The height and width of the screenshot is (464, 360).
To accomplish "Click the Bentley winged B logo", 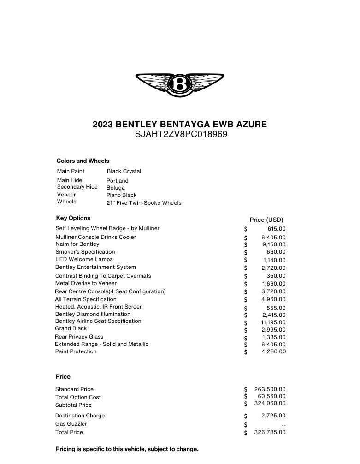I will (180, 84).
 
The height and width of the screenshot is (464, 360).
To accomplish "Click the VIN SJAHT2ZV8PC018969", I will (180, 135).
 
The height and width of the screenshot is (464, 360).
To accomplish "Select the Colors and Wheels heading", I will (83, 161).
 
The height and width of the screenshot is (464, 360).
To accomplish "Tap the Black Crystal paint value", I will (124, 171).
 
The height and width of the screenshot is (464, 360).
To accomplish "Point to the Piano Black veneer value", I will (122, 195).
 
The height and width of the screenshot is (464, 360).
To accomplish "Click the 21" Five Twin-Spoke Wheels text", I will (144, 203).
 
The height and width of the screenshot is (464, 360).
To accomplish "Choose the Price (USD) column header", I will (266, 220).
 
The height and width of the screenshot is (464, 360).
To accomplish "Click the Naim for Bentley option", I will (77, 244).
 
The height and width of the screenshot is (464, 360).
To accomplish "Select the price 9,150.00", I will (274, 244).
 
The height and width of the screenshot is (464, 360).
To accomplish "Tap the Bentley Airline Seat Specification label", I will (98, 321).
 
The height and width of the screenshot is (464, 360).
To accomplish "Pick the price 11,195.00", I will (273, 322).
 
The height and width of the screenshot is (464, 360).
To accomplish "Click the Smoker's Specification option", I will (85, 252).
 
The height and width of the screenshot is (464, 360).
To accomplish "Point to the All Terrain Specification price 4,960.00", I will (274, 299).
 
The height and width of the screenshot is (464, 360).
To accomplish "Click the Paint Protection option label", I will (76, 351).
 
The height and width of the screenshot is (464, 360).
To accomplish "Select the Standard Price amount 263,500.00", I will (270, 389).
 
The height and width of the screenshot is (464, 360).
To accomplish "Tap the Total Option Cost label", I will (78, 397).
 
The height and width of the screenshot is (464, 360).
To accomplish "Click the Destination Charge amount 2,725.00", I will (273, 416).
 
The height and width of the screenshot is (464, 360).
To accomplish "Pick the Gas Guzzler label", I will (71, 424).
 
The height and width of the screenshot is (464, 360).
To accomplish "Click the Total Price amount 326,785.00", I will (270, 432).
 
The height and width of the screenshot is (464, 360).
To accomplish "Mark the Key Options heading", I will (73, 218).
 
